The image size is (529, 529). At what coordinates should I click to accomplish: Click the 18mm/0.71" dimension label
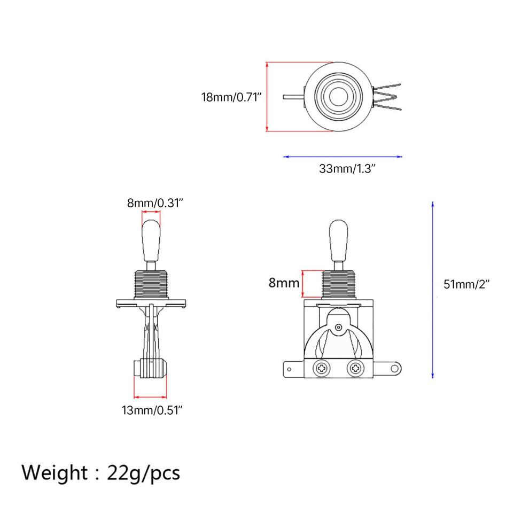pyautogui.click(x=231, y=97)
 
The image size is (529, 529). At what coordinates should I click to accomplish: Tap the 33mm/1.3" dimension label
pyautogui.click(x=347, y=168)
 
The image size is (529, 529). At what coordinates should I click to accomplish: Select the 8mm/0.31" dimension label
pyautogui.click(x=155, y=203)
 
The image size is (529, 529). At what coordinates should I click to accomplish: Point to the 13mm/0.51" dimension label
pyautogui.click(x=152, y=410)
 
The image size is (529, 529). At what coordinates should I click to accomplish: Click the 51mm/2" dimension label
pyautogui.click(x=466, y=284)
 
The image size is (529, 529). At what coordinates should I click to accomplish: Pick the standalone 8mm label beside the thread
pyautogui.click(x=284, y=283)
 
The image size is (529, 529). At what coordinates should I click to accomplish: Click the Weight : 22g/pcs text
pyautogui.click(x=100, y=473)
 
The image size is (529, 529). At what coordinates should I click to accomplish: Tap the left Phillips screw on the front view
pyautogui.click(x=322, y=368)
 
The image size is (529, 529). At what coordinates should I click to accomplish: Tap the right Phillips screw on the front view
pyautogui.click(x=355, y=368)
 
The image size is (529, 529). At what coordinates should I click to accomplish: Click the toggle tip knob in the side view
pyautogui.click(x=151, y=240)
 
